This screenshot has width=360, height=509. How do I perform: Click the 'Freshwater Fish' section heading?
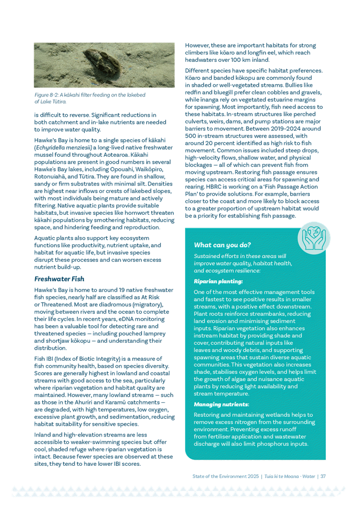56,278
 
